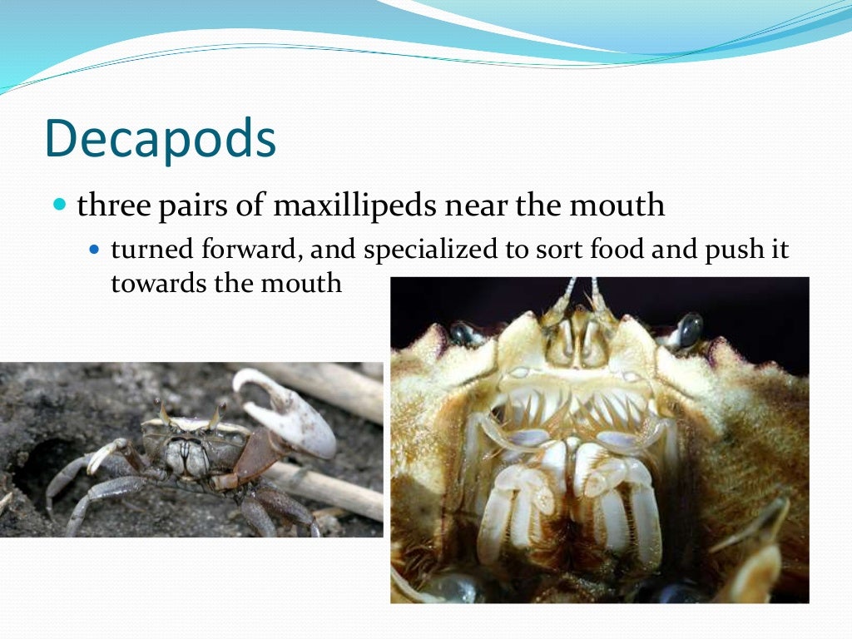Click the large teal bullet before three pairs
pos(58,204)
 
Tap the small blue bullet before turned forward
pos(94,250)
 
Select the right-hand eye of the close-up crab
pos(689,330)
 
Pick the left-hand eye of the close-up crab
pos(462,334)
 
